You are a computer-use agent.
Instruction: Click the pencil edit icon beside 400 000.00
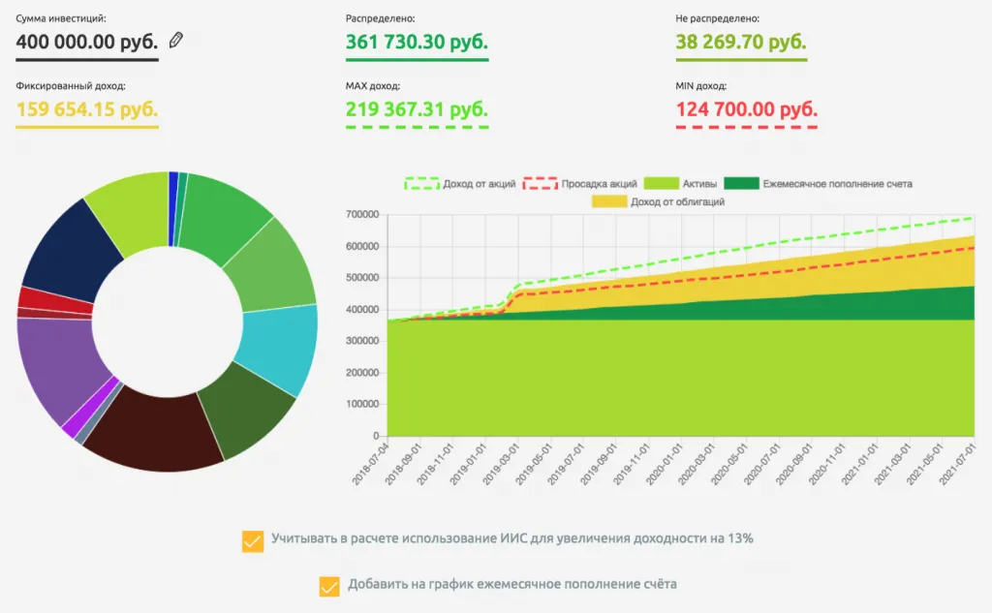click(x=175, y=41)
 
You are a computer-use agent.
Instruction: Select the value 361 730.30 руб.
click(x=417, y=43)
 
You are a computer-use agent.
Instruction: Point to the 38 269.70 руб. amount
click(x=741, y=43)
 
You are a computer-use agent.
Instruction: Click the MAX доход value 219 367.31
click(x=417, y=108)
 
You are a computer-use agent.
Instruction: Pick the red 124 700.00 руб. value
click(x=746, y=108)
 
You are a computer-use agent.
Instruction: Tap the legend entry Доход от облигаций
click(x=658, y=201)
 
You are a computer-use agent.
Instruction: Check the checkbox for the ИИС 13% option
click(x=253, y=540)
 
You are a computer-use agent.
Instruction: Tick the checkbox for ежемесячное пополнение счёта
click(x=329, y=586)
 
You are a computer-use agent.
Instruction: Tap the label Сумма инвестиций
click(x=61, y=18)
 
